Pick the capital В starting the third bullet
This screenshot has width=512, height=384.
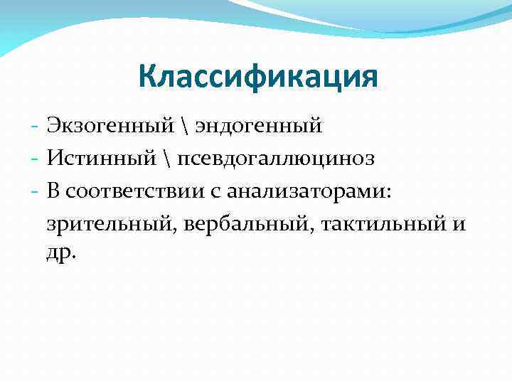click(55, 191)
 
